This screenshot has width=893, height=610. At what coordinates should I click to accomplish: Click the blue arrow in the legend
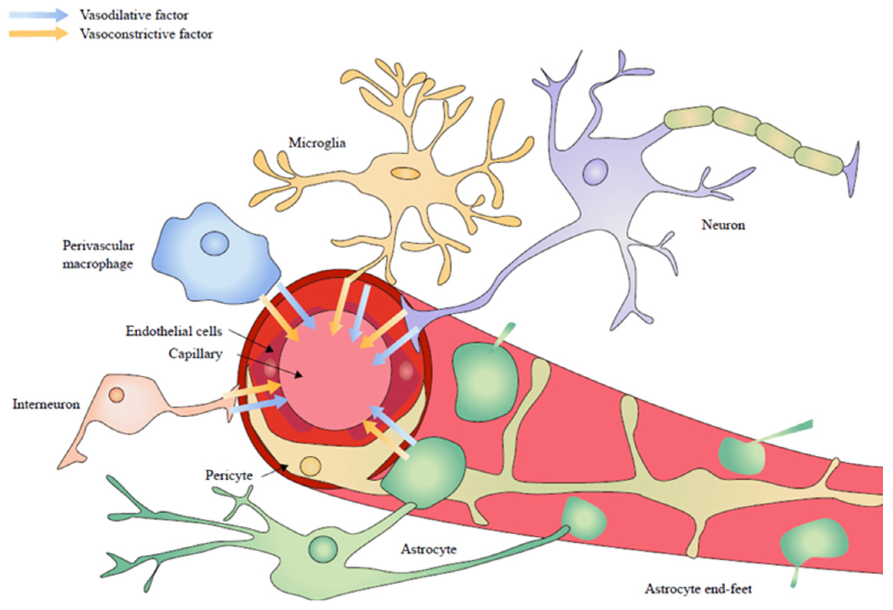click(38, 15)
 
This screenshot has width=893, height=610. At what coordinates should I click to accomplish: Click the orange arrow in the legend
click(38, 33)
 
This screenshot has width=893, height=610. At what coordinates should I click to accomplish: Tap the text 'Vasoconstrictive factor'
click(146, 34)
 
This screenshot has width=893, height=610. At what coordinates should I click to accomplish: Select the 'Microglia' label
click(317, 143)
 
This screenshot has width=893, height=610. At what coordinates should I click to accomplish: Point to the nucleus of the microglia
click(405, 173)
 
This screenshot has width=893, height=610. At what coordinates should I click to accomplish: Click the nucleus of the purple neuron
click(595, 172)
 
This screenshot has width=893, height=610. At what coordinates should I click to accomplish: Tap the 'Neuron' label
click(723, 225)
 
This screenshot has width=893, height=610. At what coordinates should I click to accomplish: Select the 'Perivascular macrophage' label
click(98, 255)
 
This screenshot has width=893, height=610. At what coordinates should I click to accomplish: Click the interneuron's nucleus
click(117, 395)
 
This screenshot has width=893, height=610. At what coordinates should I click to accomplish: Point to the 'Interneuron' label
click(46, 404)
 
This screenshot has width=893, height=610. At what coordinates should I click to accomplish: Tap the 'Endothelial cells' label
click(174, 331)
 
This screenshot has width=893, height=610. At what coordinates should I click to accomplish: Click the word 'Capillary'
click(195, 354)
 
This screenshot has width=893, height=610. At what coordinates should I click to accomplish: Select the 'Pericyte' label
click(229, 475)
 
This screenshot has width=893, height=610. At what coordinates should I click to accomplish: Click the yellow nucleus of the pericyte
click(310, 467)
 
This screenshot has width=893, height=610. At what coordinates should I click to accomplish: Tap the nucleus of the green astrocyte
click(322, 548)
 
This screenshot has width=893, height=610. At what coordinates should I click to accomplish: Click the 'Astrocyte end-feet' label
click(698, 589)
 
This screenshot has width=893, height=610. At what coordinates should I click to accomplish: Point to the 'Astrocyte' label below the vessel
click(428, 549)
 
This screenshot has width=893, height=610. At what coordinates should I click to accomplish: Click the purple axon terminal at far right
click(853, 169)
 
